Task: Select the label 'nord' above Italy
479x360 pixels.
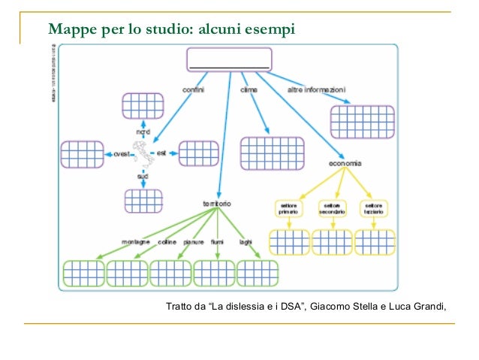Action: click(143, 132)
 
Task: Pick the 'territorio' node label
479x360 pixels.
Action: click(216, 204)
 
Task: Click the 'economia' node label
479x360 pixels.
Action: click(345, 164)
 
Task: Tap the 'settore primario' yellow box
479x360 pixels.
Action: click(289, 208)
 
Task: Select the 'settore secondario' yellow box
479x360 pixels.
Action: click(331, 208)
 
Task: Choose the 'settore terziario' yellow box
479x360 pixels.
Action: click(373, 208)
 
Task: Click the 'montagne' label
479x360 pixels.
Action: click(135, 242)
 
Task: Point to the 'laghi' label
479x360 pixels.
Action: click(245, 242)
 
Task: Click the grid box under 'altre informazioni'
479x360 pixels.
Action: click(363, 119)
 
